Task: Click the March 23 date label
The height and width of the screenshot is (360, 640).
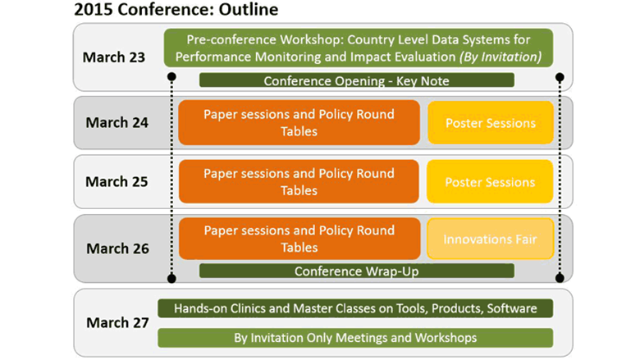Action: point(114,57)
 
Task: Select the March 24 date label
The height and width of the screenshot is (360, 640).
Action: point(117,122)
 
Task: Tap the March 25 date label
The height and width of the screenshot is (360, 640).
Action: point(117,181)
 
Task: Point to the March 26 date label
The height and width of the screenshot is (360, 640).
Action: point(117,248)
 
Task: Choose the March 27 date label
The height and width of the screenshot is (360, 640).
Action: point(117,322)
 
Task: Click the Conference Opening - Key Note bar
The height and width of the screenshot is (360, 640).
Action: point(356,80)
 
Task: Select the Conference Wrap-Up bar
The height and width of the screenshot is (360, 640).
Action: point(356,271)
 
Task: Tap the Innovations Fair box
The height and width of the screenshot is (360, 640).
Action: point(490,239)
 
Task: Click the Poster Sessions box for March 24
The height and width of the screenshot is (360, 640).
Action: point(491,123)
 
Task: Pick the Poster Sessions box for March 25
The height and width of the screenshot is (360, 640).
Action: point(490,181)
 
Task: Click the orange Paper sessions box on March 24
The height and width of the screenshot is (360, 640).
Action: point(299,122)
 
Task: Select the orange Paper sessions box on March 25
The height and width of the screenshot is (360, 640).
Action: point(299,181)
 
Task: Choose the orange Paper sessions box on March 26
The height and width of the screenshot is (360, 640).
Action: point(299,239)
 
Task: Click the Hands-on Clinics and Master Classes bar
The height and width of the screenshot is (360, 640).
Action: point(355,308)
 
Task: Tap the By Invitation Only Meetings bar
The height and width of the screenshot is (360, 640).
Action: point(355,338)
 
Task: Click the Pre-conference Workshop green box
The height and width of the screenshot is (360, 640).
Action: point(359,48)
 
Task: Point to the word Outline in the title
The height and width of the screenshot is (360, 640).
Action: point(249,9)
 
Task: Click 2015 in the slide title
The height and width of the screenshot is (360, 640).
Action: point(94,9)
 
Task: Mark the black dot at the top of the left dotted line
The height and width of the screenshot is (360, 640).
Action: point(171,76)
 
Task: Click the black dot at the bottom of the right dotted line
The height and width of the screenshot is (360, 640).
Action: point(560,278)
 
